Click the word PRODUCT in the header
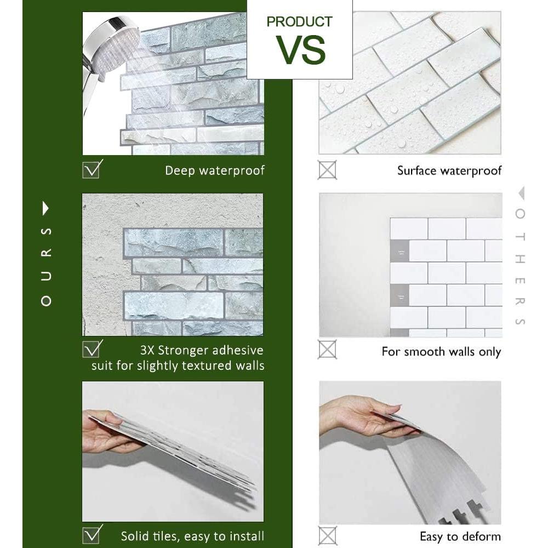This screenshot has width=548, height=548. [x=299, y=22]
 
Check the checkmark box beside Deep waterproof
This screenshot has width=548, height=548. [x=92, y=169]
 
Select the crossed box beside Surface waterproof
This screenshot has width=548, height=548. [x=327, y=169]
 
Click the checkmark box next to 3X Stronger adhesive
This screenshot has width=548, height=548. [x=92, y=349]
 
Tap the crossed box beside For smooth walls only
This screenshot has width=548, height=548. [x=327, y=349]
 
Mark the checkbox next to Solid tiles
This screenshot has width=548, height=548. [x=92, y=534]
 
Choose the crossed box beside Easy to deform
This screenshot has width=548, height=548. [x=327, y=535]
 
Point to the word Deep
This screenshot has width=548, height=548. [x=180, y=170]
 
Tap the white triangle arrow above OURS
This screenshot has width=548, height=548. [x=46, y=208]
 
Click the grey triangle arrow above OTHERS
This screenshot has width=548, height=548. [x=521, y=193]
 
